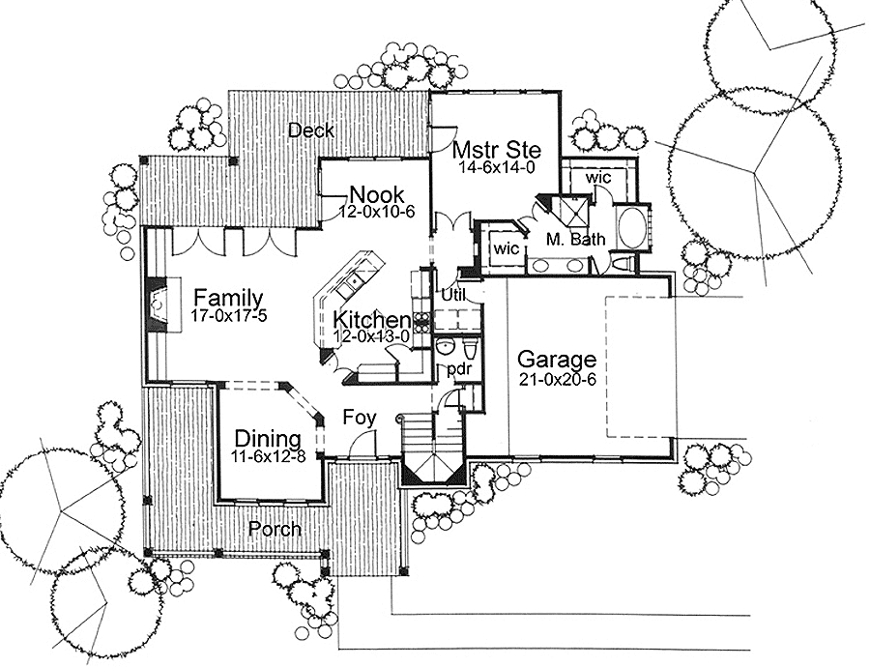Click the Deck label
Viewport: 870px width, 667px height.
click(x=311, y=130)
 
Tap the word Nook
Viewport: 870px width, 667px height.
click(x=377, y=194)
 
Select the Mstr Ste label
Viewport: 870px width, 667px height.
click(x=497, y=151)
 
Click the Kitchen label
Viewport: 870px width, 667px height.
click(x=371, y=320)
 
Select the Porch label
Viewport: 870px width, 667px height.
click(x=275, y=529)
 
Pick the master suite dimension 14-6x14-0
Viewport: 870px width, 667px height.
click(x=497, y=167)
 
